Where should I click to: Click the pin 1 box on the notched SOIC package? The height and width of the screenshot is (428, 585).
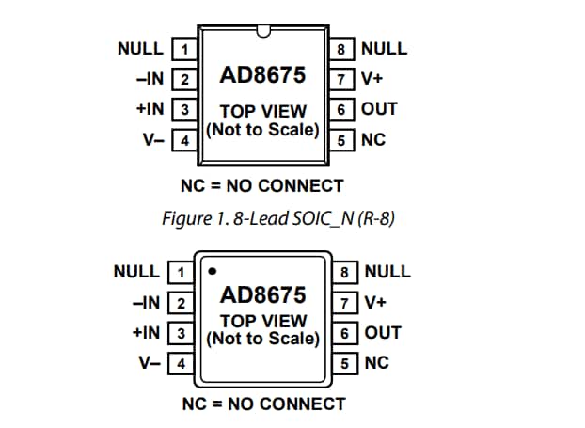(185, 49)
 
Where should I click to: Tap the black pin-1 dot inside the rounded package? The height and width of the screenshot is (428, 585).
(213, 271)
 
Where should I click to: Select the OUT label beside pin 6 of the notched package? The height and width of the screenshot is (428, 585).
(379, 109)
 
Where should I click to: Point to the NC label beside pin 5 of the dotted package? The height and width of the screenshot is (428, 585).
(376, 363)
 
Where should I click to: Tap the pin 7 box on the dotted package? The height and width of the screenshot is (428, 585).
(346, 302)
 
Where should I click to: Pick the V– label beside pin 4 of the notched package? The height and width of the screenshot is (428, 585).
(153, 140)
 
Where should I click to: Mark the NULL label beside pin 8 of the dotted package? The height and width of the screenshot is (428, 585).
(387, 272)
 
